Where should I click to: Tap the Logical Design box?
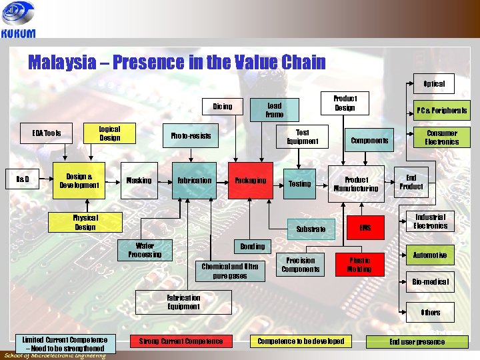pos(109,133)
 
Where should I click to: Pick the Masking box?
pos(139,181)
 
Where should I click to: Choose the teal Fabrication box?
pos(194,181)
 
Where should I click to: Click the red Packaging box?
pos(250,181)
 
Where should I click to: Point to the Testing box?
pos(299,183)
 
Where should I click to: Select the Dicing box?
pos(222,107)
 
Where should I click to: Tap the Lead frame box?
pos(274,110)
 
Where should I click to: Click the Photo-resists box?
pos(191,136)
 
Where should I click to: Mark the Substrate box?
pos(311,229)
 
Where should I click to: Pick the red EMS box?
pos(365,229)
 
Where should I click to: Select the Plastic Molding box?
pos(360,265)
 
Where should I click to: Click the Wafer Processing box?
pos(145,250)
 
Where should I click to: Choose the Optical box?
pos(434,84)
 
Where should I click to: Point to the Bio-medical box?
pos(431,281)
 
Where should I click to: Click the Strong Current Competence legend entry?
pos(181,341)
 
